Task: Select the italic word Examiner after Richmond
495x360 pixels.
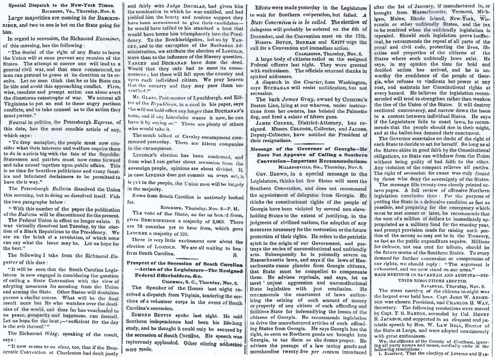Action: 107,39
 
